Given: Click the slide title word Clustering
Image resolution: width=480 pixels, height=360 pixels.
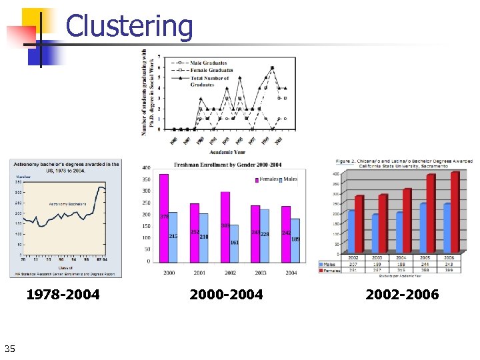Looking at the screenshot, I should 129,27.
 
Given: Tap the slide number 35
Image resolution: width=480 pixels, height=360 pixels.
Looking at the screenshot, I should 9,347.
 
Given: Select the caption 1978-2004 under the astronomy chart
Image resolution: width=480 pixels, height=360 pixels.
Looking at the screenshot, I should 63,294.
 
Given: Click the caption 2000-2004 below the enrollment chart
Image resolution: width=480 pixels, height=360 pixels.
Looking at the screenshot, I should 226,294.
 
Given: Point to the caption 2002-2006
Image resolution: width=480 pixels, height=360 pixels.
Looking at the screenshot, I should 402,294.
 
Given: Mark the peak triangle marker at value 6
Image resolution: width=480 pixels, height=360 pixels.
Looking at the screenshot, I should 272,68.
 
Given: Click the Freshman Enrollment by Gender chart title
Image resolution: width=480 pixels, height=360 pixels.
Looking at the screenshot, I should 228,165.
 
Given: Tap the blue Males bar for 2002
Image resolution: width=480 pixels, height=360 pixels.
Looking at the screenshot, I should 234,243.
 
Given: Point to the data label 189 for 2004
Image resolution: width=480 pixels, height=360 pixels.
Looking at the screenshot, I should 295,239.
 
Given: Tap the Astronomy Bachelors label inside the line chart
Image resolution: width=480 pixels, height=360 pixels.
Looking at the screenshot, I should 67,204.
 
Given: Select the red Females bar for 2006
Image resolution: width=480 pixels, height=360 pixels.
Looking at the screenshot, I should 455,213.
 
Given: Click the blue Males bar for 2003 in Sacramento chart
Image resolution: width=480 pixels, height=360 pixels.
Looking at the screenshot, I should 376,233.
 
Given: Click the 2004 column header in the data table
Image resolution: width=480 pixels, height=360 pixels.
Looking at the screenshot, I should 401,257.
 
